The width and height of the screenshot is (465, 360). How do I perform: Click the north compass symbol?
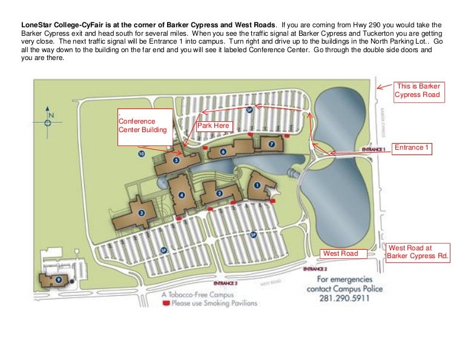(x=48, y=119)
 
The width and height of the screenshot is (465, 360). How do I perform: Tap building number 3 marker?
(x=141, y=213)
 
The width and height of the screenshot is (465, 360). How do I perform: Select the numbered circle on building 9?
(x=58, y=279)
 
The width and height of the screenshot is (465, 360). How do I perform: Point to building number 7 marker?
(x=272, y=144)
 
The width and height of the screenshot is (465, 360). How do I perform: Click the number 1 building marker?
(x=256, y=186)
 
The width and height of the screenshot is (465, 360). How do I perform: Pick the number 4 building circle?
(x=182, y=195)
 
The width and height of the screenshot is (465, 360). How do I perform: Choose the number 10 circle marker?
(x=141, y=155)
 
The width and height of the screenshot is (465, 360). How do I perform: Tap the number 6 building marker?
(x=223, y=152)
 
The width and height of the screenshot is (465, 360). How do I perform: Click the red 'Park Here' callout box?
(x=213, y=125)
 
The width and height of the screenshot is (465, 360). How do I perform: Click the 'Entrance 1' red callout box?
(x=412, y=147)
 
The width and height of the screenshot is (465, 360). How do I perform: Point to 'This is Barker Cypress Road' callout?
(x=418, y=91)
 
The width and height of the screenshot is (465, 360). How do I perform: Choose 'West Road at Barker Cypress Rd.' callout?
(x=418, y=252)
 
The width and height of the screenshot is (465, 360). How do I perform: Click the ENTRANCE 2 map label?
(x=315, y=268)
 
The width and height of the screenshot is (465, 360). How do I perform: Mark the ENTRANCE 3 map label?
(x=225, y=283)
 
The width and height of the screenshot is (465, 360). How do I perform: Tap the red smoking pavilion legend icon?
(x=165, y=303)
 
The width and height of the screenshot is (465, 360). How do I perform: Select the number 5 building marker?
(x=176, y=161)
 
